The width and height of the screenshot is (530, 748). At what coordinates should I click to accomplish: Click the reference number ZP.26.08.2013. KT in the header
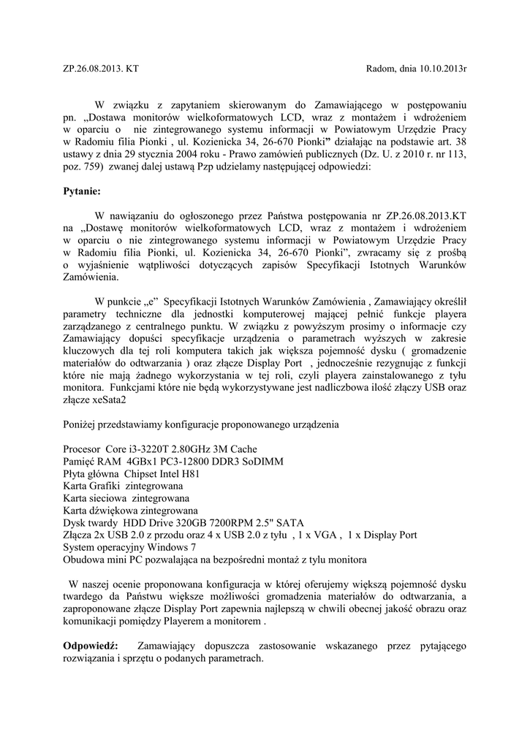pyautogui.click(x=101, y=69)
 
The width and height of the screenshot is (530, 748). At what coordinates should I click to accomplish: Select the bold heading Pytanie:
pyautogui.click(x=87, y=191)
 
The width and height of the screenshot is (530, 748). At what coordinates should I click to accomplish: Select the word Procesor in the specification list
pyautogui.click(x=83, y=448)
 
